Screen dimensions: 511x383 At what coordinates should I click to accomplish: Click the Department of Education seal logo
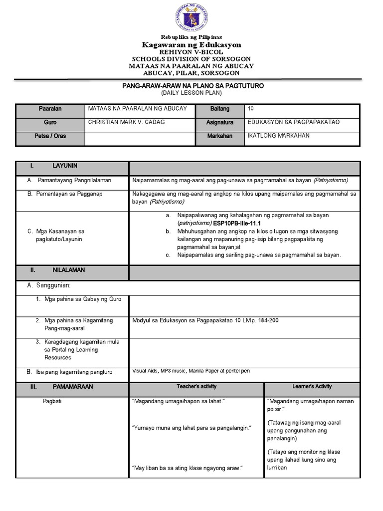(191, 18)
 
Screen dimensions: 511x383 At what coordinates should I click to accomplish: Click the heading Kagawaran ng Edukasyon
(191, 45)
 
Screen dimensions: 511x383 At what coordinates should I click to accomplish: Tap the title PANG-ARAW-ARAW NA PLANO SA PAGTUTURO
(193, 86)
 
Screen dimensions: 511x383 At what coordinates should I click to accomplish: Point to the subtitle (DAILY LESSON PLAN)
(191, 93)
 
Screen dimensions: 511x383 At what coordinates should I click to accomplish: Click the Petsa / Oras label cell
(50, 136)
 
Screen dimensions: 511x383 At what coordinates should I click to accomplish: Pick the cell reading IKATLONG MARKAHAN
(278, 136)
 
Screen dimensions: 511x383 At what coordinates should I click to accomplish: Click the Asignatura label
(219, 122)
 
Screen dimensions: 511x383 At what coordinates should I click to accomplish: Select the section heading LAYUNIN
(65, 166)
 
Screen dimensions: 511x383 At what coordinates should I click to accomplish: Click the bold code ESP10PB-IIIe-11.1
(237, 223)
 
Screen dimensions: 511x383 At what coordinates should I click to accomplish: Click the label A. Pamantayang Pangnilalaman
(69, 180)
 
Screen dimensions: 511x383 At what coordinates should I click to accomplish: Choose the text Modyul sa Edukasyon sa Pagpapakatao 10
(190, 320)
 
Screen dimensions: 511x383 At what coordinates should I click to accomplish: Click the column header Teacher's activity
(196, 387)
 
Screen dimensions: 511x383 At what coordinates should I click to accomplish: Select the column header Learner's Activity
(312, 387)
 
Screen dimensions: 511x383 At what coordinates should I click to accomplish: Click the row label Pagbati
(52, 401)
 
